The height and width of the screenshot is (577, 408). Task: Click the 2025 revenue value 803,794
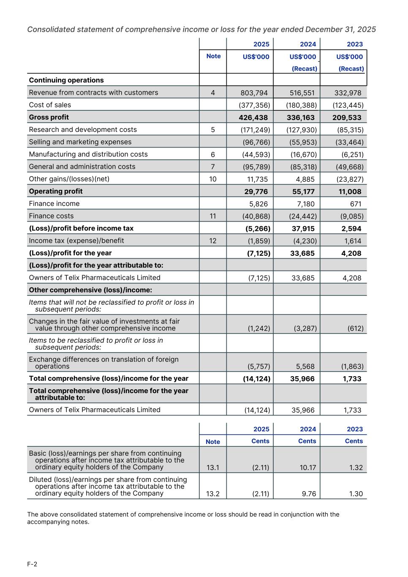pyautogui.click(x=254, y=93)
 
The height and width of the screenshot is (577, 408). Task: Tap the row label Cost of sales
pyautogui.click(x=50, y=105)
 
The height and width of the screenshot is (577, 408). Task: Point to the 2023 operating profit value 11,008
pyautogui.click(x=350, y=191)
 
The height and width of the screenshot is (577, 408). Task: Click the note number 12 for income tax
pyautogui.click(x=212, y=241)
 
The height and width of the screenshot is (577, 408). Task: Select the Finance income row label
pyautogui.click(x=54, y=204)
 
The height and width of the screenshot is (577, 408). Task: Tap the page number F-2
pyautogui.click(x=32, y=564)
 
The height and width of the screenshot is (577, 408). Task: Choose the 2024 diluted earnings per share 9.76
pyautogui.click(x=309, y=494)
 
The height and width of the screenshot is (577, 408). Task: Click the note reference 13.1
pyautogui.click(x=212, y=468)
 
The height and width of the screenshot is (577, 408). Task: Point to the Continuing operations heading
pyautogui.click(x=66, y=80)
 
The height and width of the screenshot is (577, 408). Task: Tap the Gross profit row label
pyautogui.click(x=49, y=117)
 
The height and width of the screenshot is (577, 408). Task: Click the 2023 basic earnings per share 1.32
pyautogui.click(x=356, y=468)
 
